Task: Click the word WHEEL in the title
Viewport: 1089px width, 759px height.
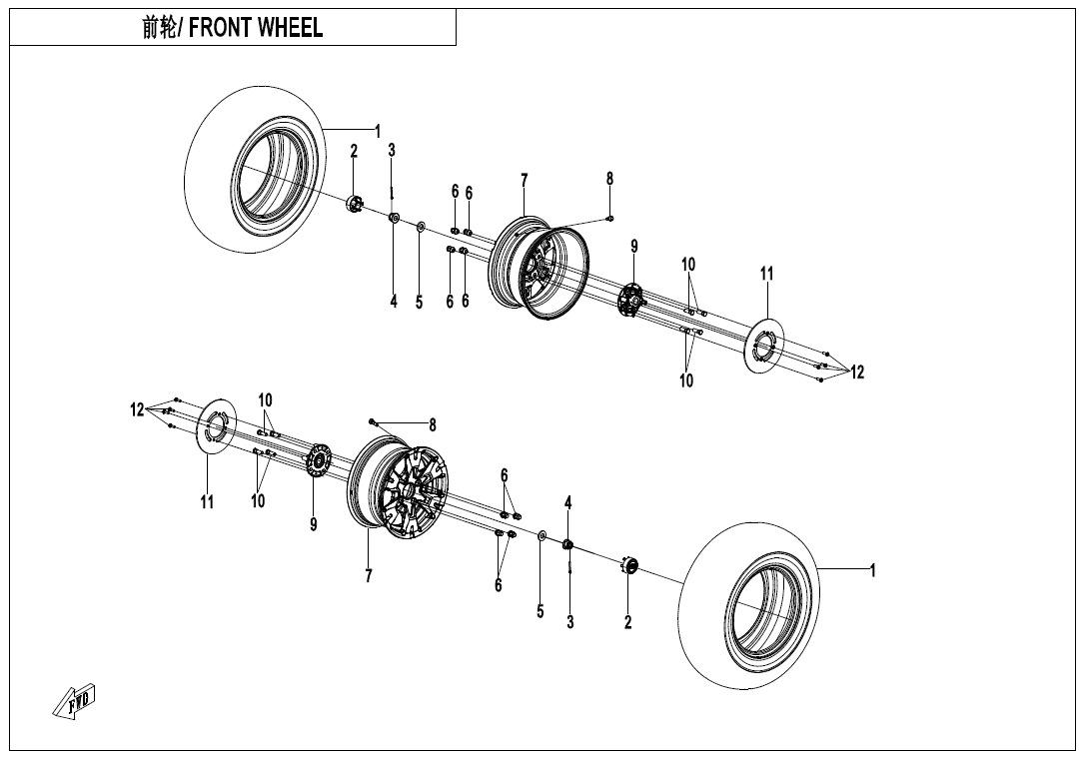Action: click(290, 28)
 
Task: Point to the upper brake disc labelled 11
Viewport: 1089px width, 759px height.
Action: click(766, 346)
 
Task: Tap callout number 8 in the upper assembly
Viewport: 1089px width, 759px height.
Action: click(609, 179)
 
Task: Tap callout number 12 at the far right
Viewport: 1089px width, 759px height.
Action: click(857, 373)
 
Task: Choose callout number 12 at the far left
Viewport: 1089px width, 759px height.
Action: click(137, 408)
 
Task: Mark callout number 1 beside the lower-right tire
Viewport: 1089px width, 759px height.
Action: click(872, 571)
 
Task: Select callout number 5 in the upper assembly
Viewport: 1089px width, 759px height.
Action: click(420, 302)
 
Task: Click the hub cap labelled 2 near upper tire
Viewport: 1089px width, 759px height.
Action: click(354, 204)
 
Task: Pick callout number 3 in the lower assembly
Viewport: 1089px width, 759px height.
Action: click(570, 622)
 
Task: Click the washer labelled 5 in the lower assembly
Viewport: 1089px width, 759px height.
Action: click(542, 536)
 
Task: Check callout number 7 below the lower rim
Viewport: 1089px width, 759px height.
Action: click(369, 576)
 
